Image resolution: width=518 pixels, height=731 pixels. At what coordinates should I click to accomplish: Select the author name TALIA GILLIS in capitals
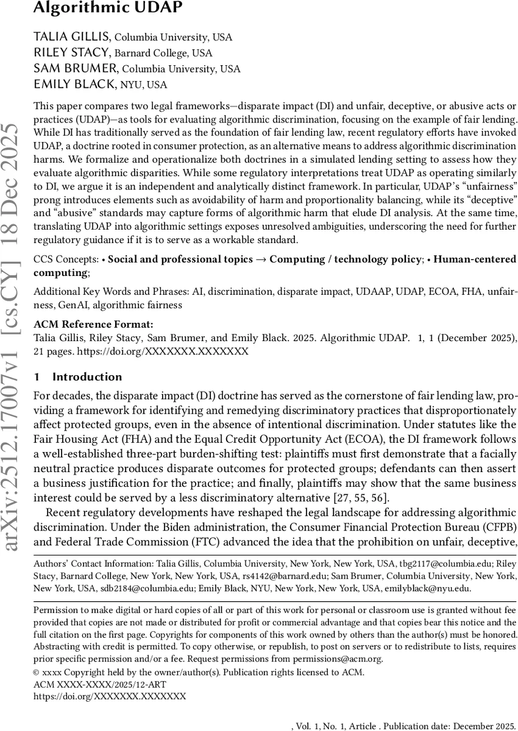click(71, 37)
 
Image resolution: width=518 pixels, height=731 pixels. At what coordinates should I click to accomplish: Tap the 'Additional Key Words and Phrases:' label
click(111, 292)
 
